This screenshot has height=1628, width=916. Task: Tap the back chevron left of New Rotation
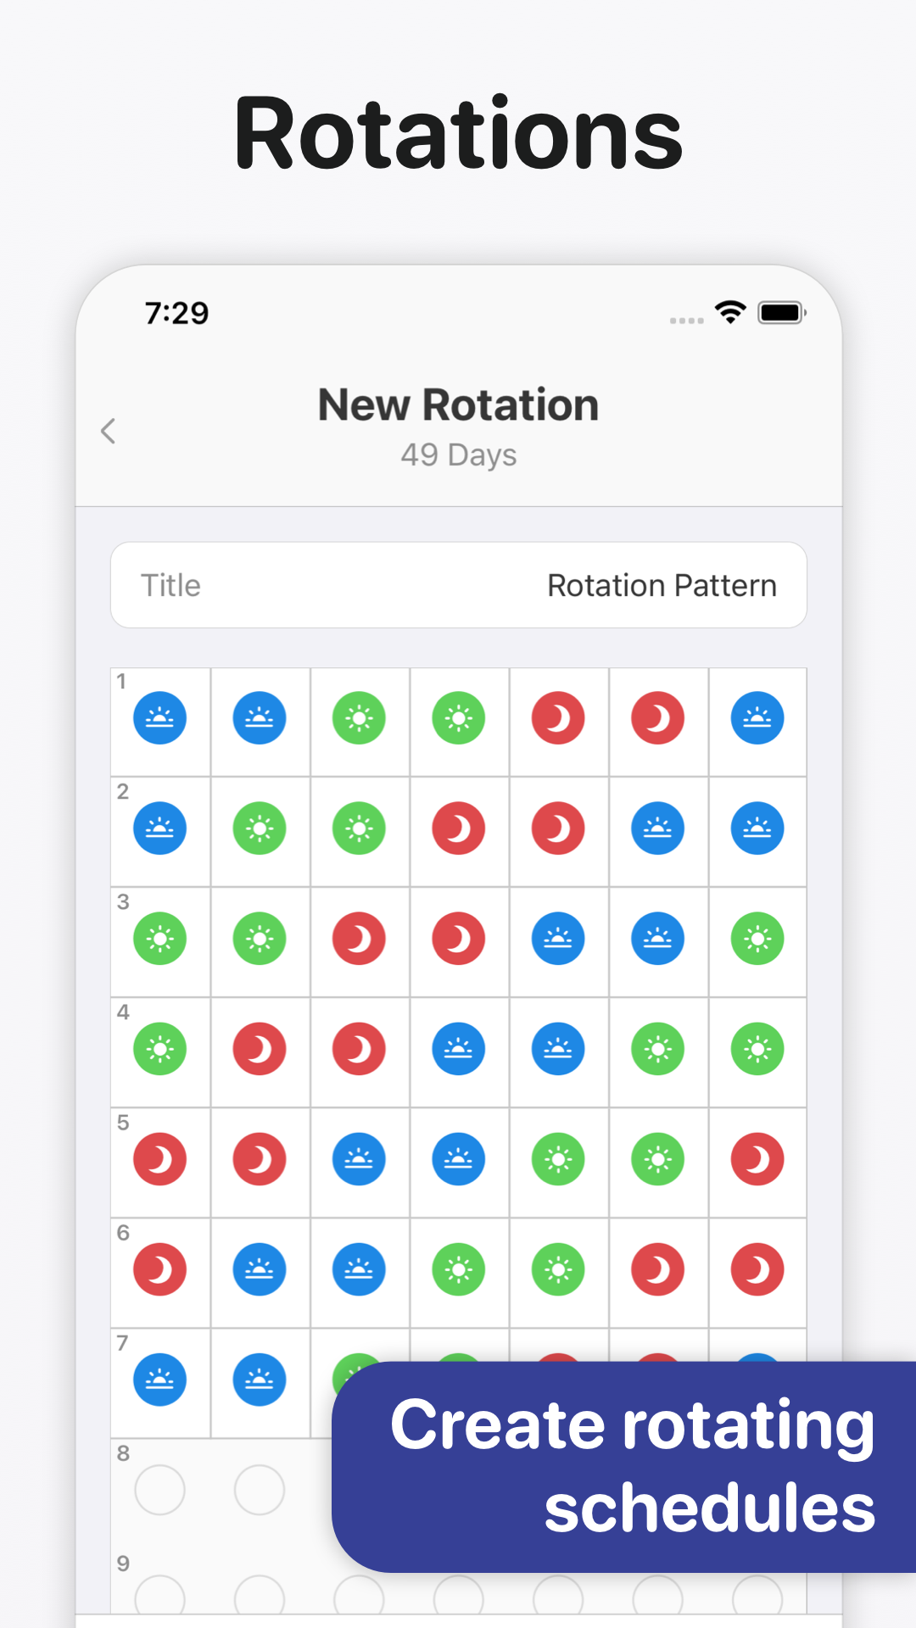[108, 431]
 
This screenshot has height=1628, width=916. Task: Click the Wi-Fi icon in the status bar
[730, 312]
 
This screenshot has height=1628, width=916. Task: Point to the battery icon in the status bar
[782, 313]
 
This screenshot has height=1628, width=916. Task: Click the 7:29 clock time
[176, 313]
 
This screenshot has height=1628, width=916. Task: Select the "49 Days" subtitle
[459, 455]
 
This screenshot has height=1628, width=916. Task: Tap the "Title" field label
[170, 585]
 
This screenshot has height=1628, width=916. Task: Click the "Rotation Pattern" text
[662, 585]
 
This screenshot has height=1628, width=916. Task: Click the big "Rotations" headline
[458, 133]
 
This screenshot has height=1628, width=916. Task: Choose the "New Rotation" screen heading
[458, 404]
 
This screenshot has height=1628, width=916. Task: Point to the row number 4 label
[123, 1012]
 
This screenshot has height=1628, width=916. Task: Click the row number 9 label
[123, 1563]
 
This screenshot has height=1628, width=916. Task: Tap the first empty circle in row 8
[159, 1490]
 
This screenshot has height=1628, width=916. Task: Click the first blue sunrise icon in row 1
[159, 718]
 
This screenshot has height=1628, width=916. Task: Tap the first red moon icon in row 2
[459, 828]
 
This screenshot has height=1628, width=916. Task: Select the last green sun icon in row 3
[757, 939]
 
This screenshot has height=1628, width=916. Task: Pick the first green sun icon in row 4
[159, 1049]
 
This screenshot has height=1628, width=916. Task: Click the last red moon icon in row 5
[757, 1159]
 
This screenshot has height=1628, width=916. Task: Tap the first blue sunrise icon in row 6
[260, 1269]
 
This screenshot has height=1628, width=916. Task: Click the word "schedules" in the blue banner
[709, 1508]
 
